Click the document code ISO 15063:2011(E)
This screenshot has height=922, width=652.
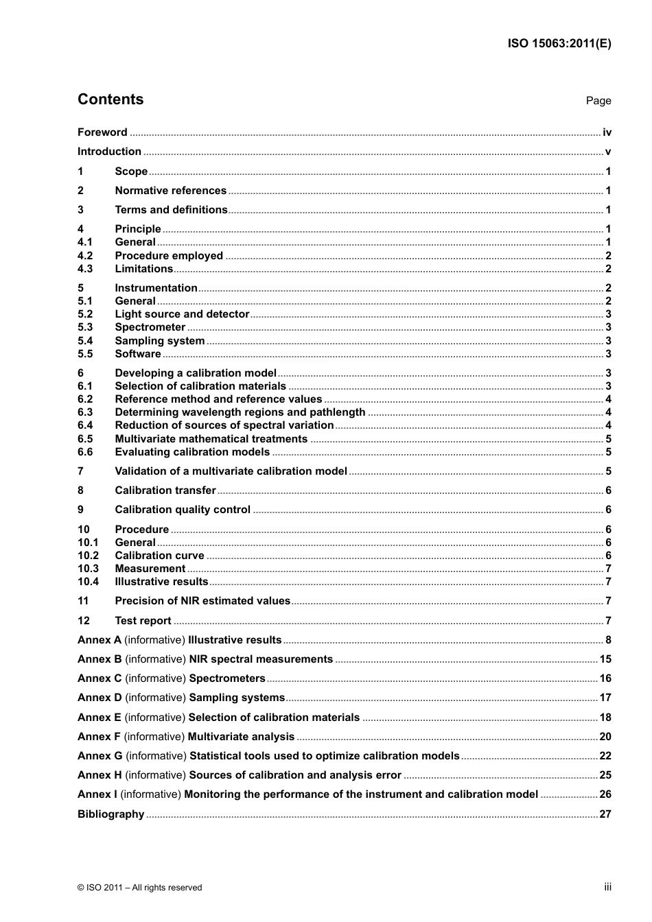click(x=559, y=43)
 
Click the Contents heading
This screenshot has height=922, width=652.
click(x=110, y=99)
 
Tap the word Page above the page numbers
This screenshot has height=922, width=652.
click(x=598, y=101)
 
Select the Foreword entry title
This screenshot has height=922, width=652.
click(x=102, y=132)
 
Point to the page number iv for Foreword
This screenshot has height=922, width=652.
click(x=607, y=132)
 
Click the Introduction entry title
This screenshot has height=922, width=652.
click(x=109, y=152)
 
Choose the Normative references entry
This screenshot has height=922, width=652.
click(x=170, y=191)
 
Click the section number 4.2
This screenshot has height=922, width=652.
click(x=85, y=256)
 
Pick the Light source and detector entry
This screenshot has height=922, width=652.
click(x=182, y=314)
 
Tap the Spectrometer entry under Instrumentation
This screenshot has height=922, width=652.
click(x=150, y=327)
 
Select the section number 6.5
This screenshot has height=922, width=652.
click(x=85, y=439)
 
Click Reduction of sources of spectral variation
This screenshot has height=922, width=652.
click(x=224, y=425)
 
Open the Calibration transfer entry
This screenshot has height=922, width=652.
click(x=165, y=490)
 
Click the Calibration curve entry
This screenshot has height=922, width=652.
click(x=159, y=556)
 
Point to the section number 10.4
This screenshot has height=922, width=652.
click(x=88, y=582)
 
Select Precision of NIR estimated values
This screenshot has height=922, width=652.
click(x=202, y=601)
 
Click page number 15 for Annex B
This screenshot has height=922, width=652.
click(x=605, y=659)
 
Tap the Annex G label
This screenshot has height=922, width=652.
click(x=100, y=756)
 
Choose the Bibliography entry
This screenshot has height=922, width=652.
click(x=110, y=814)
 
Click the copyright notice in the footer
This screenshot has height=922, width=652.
click(x=140, y=888)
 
